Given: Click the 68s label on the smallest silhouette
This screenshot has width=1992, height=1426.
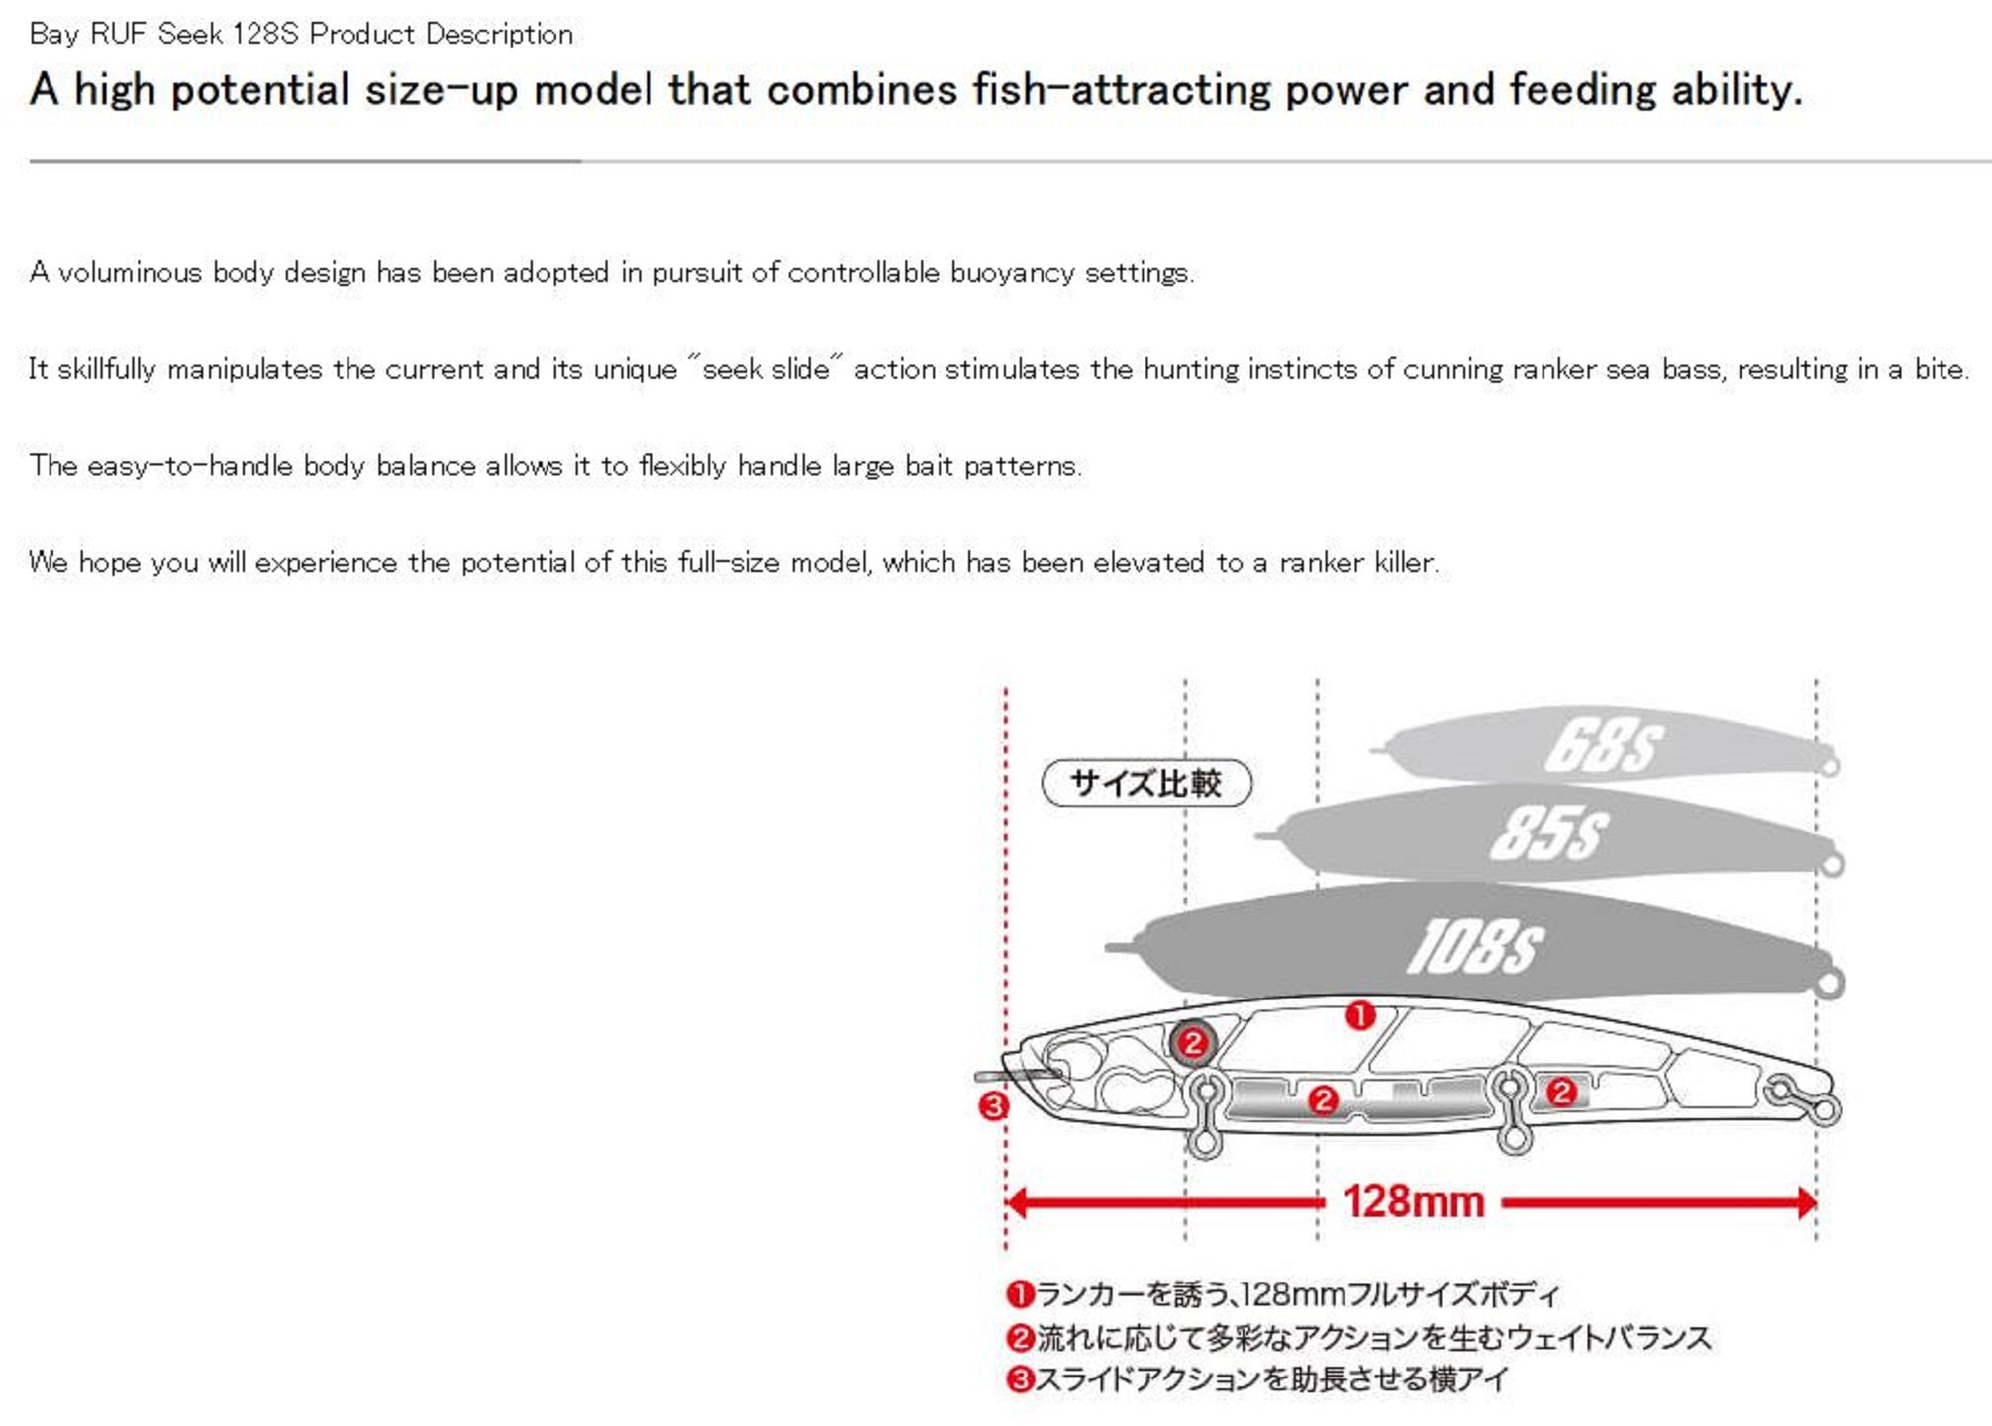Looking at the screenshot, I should [x=1603, y=745].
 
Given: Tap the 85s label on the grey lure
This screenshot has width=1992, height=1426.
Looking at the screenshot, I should [x=1549, y=833].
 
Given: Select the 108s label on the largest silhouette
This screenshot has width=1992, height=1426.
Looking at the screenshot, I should [x=1475, y=947].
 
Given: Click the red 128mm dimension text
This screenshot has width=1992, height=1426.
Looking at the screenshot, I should [x=1413, y=1202].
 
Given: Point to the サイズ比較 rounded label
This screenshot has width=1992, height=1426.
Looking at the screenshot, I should [x=1145, y=783].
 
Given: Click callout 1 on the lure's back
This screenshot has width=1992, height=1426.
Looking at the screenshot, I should [x=1361, y=1015].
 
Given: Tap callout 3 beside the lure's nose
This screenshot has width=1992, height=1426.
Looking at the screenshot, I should [x=993, y=1106].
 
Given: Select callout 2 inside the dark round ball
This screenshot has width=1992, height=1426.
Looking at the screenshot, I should [x=1192, y=1043].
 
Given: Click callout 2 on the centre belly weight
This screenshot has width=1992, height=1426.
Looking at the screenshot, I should [x=1323, y=1100].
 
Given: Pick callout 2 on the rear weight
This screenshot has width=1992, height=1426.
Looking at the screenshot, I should [x=1561, y=1092].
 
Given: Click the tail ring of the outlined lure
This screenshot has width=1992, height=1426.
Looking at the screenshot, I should [x=1827, y=1109].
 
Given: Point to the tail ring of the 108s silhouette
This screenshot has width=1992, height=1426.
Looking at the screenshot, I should [x=1829, y=985].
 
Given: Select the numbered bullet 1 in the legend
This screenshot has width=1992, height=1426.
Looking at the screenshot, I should [x=1020, y=1294].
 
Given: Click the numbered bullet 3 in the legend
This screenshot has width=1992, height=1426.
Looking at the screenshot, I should [x=1020, y=1380].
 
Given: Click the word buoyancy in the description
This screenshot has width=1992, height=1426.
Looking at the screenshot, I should [x=1012, y=273].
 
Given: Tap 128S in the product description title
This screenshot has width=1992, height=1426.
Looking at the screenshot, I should [x=265, y=34].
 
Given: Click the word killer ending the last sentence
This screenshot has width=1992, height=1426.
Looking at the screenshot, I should [x=1405, y=563].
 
